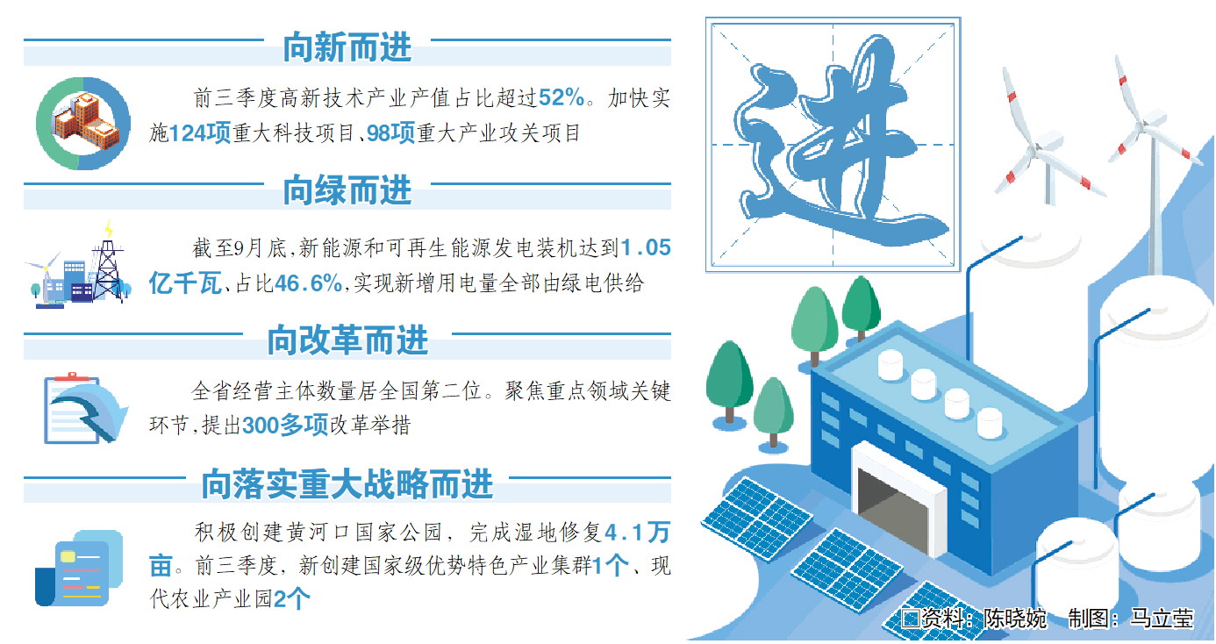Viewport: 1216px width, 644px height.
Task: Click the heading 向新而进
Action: pos(347,47)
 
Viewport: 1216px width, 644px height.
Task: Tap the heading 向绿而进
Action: pos(347,190)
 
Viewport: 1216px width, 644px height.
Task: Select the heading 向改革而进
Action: pos(347,340)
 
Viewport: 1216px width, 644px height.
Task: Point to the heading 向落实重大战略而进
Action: pos(347,483)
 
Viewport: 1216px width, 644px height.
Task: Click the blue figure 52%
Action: pos(562,97)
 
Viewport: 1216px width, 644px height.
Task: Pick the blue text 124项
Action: pos(200,133)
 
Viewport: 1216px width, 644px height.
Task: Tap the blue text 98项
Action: pos(391,133)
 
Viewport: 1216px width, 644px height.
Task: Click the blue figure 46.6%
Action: pos(308,283)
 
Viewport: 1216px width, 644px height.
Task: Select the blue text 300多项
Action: pos(285,426)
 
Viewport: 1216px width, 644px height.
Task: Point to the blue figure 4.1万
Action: pos(637,533)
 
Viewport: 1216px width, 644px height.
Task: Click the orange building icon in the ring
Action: pos(86,122)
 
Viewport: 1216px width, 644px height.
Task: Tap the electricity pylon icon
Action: pos(109,266)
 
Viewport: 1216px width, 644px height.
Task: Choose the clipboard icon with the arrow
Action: pos(85,408)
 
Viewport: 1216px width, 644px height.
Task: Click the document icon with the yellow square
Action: pos(79,568)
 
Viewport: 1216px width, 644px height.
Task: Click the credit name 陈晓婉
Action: pos(1014,619)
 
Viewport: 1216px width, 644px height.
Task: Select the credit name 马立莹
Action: pos(1162,619)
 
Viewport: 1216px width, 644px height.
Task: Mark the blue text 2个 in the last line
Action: pos(291,599)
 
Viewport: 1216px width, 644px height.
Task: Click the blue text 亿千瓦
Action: pos(185,283)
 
